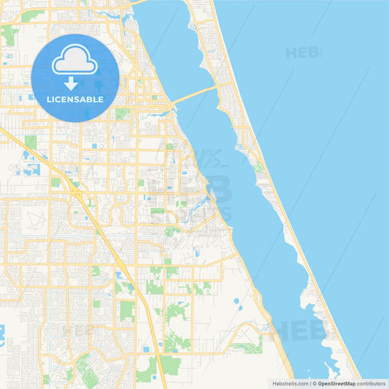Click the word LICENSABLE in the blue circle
(x=74, y=99)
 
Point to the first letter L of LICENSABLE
(x=48, y=99)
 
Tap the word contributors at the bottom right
(x=371, y=382)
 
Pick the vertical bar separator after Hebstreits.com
(x=309, y=382)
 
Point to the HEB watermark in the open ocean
(x=303, y=53)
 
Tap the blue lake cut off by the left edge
(x=2, y=335)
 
